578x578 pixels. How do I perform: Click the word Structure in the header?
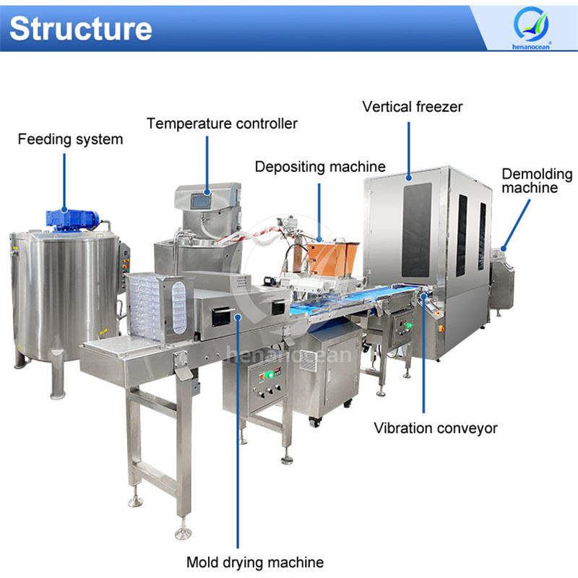click(81, 27)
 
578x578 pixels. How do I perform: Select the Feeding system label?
click(70, 138)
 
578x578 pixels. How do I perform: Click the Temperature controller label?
click(222, 124)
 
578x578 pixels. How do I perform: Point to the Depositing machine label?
click(320, 167)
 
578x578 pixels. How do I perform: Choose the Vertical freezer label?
click(413, 107)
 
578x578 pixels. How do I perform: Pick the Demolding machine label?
click(537, 181)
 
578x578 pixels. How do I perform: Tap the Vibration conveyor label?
click(436, 428)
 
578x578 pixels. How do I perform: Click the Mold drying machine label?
click(255, 561)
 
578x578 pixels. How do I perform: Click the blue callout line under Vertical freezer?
click(409, 148)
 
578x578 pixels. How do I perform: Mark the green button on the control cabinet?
click(266, 374)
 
